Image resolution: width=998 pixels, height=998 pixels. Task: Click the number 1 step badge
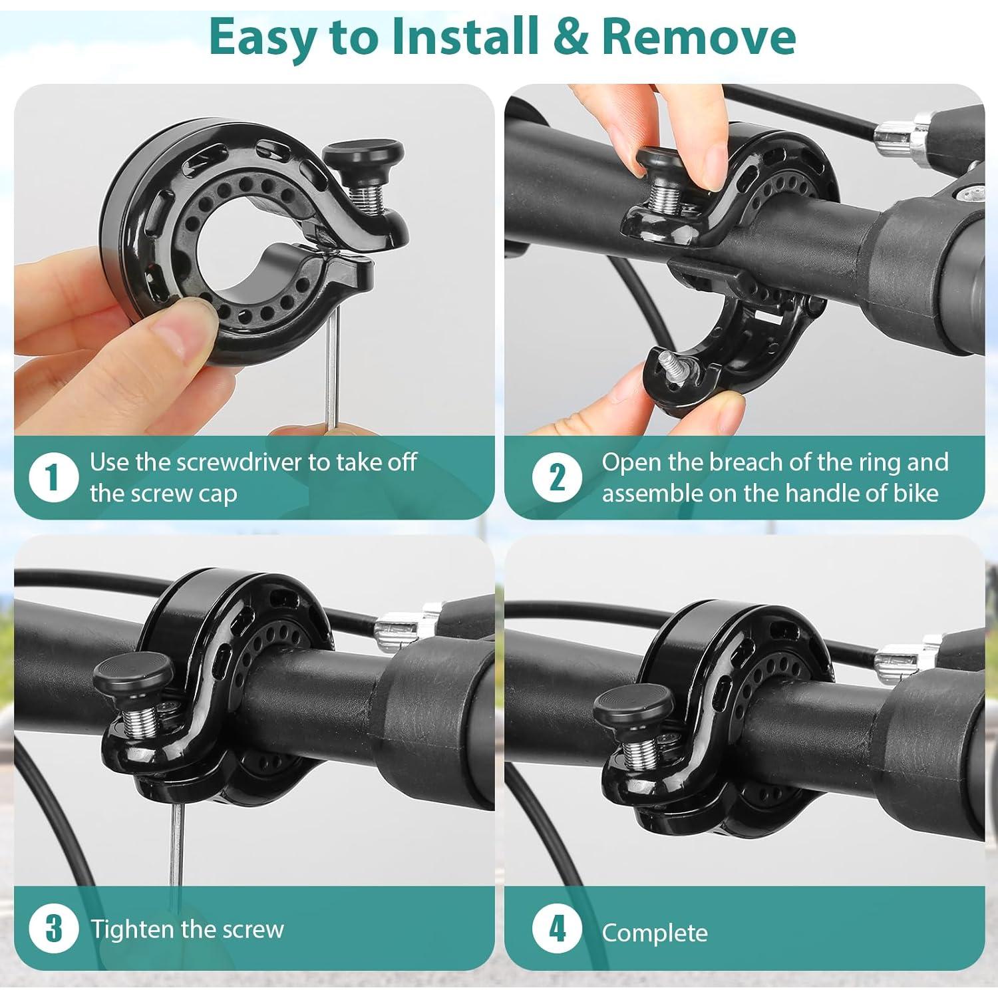54,478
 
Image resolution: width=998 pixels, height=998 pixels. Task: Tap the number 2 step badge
557,478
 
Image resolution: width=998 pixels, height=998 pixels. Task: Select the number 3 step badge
54,929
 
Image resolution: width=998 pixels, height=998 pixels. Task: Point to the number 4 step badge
557,929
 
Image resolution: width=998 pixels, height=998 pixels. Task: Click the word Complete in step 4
655,933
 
